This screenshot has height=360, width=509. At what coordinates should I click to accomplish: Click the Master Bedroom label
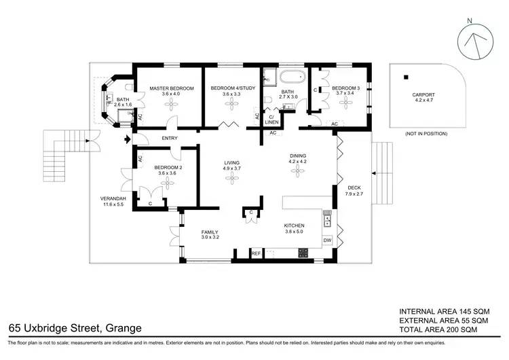(172, 88)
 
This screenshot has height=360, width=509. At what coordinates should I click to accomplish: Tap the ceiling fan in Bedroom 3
(345, 103)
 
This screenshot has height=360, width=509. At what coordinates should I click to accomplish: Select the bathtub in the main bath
(293, 77)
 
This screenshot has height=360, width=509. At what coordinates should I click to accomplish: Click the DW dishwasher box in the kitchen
(327, 240)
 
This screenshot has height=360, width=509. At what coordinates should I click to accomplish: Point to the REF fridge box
(256, 253)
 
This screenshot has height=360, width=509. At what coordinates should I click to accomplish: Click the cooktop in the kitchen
(303, 253)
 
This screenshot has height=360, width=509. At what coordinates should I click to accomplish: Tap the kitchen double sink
(327, 218)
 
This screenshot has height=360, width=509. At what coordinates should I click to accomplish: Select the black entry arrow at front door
(128, 140)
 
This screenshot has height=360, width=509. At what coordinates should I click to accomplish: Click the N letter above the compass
(470, 21)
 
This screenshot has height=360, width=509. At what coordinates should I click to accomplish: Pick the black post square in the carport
(406, 77)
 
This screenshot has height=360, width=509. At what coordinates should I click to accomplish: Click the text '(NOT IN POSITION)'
(426, 134)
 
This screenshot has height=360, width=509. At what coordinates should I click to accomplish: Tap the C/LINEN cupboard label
(271, 120)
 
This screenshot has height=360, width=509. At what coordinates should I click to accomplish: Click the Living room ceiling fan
(232, 178)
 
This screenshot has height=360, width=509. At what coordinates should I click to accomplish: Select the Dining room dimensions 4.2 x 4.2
(298, 162)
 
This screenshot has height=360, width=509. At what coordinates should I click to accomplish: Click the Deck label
(354, 187)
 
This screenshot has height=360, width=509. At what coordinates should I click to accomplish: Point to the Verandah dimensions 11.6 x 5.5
(113, 204)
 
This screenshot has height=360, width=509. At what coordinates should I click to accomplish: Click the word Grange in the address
(124, 328)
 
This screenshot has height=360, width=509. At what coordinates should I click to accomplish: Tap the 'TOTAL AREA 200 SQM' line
(438, 330)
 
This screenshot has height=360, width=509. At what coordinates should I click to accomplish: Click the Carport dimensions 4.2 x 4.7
(423, 101)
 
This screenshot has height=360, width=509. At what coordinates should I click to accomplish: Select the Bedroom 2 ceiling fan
(168, 183)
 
